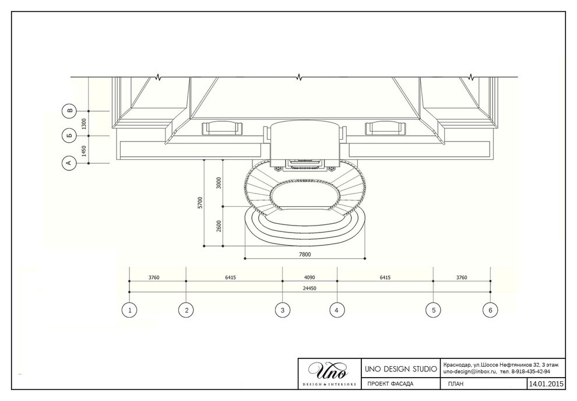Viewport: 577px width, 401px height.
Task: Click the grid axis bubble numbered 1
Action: coord(129,310)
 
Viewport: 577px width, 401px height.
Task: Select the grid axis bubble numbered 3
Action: coord(283,310)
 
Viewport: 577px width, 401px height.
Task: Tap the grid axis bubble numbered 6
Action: coord(490,310)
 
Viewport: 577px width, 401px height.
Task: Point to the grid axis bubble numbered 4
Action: coord(337,310)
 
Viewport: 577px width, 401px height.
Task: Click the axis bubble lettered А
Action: coord(69,163)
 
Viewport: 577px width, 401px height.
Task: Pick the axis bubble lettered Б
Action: coord(69,136)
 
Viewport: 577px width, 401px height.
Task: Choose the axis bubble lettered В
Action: coord(69,111)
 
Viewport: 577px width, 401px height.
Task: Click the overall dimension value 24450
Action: coord(309,289)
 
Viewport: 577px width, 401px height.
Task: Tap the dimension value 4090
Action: coord(309,277)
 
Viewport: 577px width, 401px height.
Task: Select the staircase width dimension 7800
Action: coord(305,254)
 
